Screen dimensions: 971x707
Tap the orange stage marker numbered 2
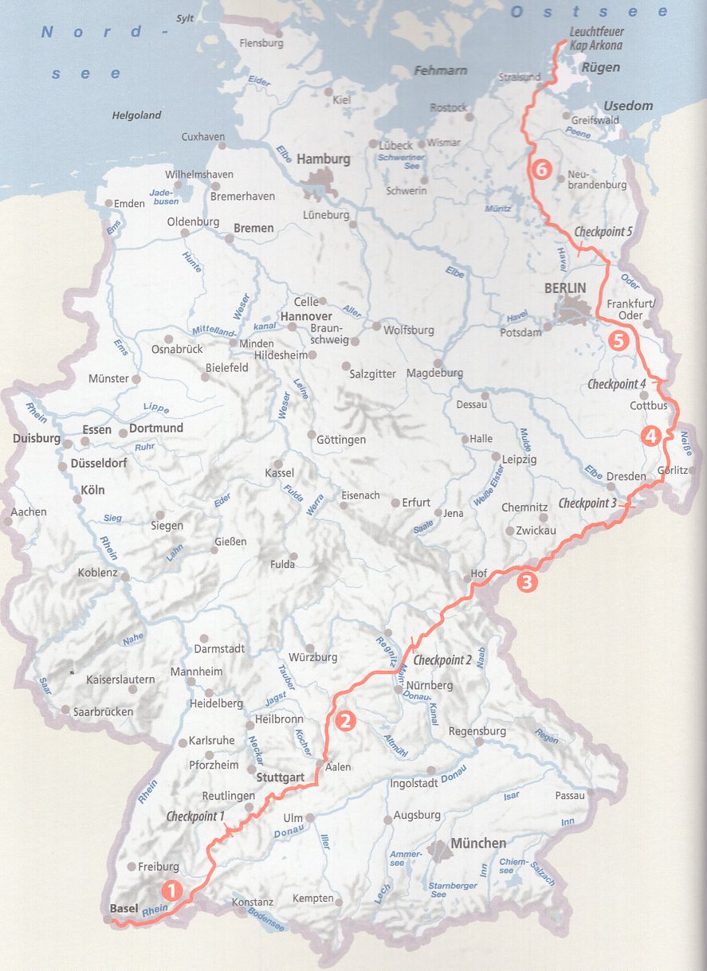pyautogui.click(x=345, y=722)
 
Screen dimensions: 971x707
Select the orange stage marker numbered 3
pyautogui.click(x=527, y=582)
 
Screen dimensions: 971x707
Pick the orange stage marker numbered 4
pyautogui.click(x=650, y=437)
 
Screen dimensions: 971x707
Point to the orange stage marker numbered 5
pyautogui.click(x=619, y=341)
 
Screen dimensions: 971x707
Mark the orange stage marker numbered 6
pyautogui.click(x=541, y=170)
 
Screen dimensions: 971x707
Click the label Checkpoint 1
pyautogui.click(x=195, y=816)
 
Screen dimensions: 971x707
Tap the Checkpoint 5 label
pyautogui.click(x=603, y=232)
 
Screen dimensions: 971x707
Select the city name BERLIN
pyautogui.click(x=564, y=288)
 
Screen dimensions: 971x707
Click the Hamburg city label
pyautogui.click(x=323, y=159)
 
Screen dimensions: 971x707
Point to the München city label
pyautogui.click(x=478, y=844)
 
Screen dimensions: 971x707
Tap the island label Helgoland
pyautogui.click(x=136, y=116)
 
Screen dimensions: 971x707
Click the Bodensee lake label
pyautogui.click(x=265, y=919)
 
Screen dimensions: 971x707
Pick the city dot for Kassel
pyautogui.click(x=278, y=463)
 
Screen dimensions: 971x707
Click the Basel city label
pyautogui.click(x=124, y=908)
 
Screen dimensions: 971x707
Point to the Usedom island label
pyautogui.click(x=628, y=106)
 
